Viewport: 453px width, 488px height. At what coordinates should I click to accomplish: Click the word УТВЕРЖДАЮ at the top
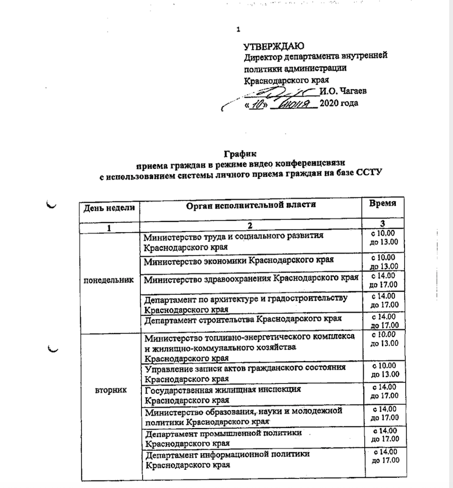point(273,46)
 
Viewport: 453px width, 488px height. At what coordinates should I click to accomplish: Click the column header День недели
point(109,207)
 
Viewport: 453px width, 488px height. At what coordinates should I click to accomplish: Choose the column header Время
point(383,204)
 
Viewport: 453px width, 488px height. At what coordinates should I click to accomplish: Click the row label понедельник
point(109,280)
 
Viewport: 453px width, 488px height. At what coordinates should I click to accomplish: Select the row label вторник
point(109,389)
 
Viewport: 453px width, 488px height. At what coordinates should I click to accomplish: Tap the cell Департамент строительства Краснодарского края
point(243,319)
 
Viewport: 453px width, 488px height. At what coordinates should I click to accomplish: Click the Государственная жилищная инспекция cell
point(223,394)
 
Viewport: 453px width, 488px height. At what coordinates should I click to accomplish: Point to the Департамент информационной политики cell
point(228,459)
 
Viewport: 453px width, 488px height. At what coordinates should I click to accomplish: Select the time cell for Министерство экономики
point(384,261)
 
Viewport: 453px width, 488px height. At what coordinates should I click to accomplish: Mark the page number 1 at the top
point(239,30)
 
